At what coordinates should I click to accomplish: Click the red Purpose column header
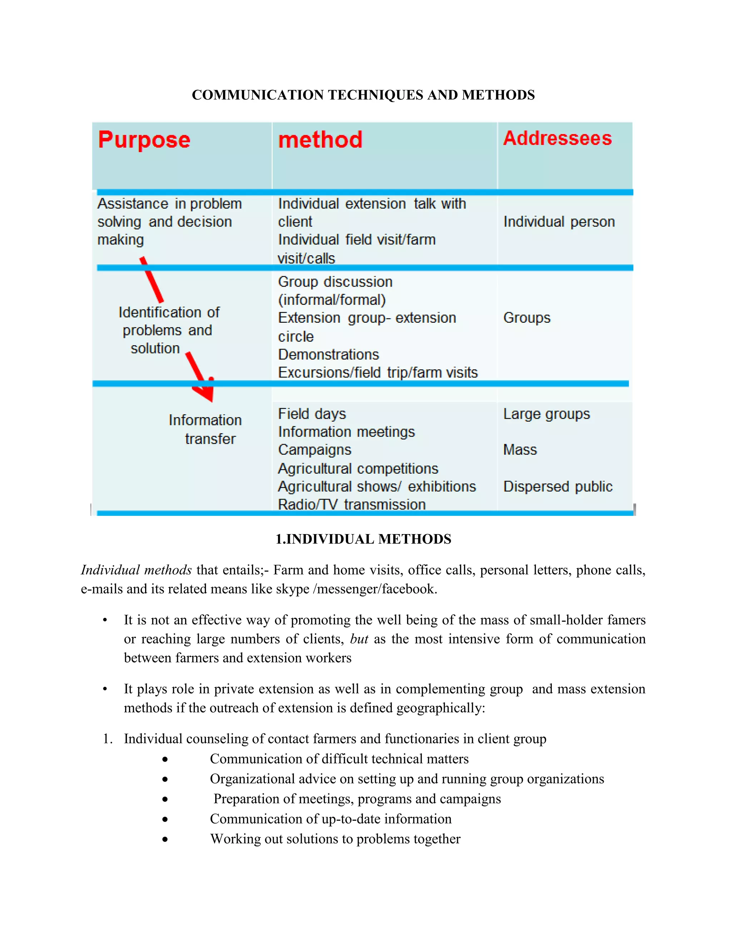[x=144, y=140]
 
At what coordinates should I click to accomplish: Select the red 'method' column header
[x=320, y=140]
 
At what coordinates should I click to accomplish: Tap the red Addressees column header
[x=557, y=138]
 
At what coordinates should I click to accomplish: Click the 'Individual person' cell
[x=559, y=222]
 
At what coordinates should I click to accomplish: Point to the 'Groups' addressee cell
[x=526, y=318]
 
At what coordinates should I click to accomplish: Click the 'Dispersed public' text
[x=558, y=487]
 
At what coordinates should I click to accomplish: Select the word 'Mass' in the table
[x=520, y=450]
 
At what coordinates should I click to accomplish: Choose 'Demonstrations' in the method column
[x=328, y=355]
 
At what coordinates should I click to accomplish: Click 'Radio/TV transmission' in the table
[x=351, y=504]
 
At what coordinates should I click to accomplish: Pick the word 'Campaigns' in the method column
[x=315, y=450]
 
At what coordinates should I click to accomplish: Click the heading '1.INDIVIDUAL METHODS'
[x=363, y=539]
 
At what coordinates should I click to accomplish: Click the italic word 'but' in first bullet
[x=359, y=639]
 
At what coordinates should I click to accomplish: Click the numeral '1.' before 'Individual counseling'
[x=108, y=739]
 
